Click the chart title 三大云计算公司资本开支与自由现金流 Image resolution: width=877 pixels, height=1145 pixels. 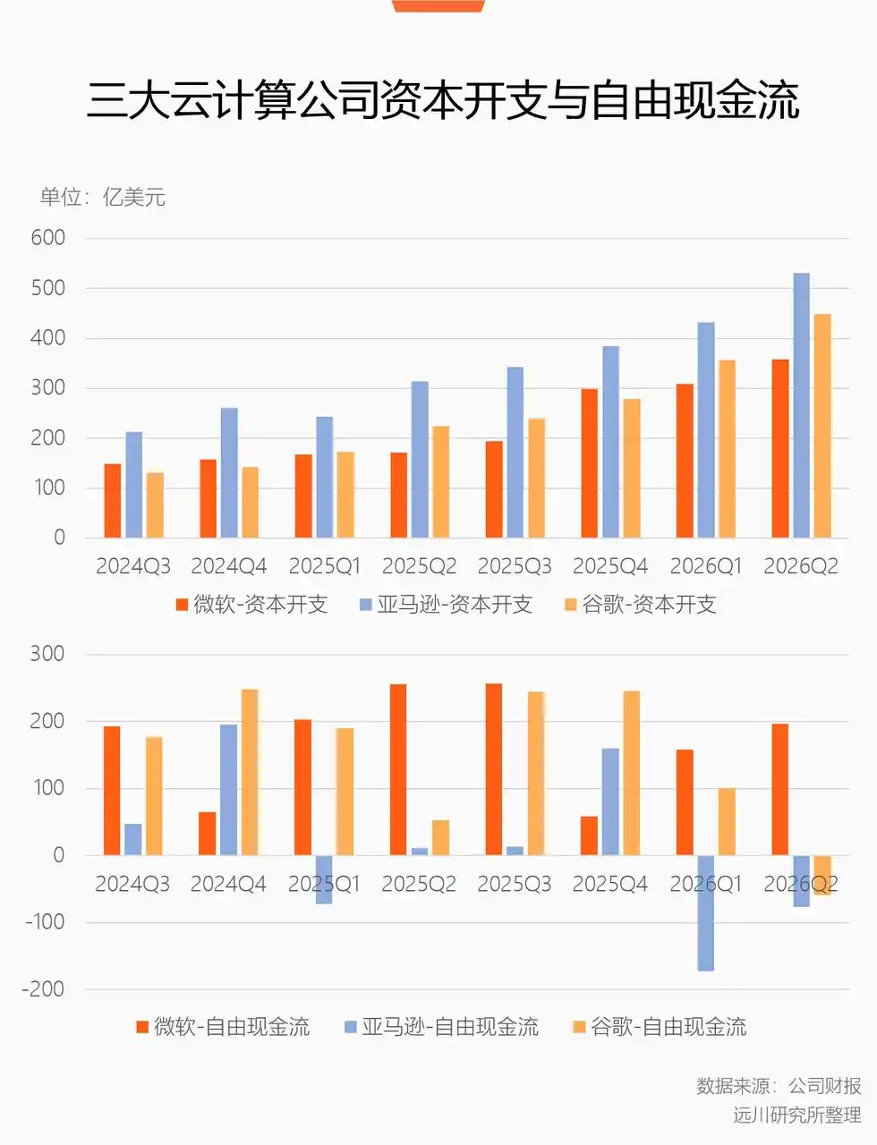coord(443,101)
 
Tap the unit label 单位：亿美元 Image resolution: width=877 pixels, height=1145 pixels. coord(102,197)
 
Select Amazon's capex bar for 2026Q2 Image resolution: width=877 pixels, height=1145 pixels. coord(801,405)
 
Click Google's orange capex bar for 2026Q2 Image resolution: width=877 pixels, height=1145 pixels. coord(822,426)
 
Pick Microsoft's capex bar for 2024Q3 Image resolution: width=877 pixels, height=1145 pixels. coord(112,501)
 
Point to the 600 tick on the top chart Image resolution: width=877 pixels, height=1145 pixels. coord(48,238)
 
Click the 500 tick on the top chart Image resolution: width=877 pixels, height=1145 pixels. coord(48,288)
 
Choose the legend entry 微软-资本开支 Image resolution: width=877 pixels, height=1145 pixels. coord(252,604)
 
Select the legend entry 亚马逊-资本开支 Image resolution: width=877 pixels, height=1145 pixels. coord(446,604)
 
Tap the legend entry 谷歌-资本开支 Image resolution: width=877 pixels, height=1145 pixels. coord(641,604)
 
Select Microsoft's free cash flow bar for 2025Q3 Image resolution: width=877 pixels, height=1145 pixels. coord(494,769)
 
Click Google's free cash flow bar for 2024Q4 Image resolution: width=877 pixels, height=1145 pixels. coord(250,772)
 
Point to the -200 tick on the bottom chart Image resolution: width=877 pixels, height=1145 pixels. coord(44,989)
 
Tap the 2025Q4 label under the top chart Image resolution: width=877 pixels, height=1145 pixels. coord(609,566)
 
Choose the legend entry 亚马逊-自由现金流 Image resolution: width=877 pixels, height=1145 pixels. coord(442,1026)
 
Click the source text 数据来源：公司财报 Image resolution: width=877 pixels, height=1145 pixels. coord(779,1085)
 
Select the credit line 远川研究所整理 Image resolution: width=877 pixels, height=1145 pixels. coord(796,1115)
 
